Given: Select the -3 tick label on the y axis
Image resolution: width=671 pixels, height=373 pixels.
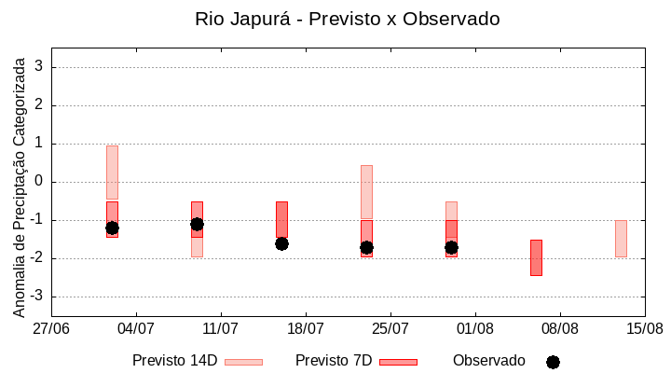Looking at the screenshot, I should click(x=36, y=297).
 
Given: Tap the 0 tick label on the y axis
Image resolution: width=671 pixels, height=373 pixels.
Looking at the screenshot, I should click(x=39, y=182).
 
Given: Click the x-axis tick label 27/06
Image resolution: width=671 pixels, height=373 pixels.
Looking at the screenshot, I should click(x=51, y=329).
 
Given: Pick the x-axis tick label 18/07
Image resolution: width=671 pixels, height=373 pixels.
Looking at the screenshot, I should click(x=306, y=329).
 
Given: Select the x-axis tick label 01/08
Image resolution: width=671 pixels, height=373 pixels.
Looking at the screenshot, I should click(x=475, y=329).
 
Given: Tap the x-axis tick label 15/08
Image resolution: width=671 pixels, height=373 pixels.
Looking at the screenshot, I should click(x=644, y=329).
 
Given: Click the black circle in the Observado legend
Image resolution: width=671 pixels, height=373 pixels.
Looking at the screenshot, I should click(x=553, y=362).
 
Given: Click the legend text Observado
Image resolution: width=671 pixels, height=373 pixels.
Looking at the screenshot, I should click(x=488, y=360).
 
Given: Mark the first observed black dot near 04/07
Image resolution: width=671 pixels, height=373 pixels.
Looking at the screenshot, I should click(x=112, y=228).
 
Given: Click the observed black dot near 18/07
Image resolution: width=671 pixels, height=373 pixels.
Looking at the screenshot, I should click(x=281, y=243).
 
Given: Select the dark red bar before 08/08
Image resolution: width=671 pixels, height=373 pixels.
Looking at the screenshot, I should click(x=536, y=257).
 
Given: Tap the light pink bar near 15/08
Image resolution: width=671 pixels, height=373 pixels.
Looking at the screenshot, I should click(x=621, y=238).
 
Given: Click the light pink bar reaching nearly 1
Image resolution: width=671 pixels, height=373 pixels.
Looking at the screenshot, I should click(x=112, y=173).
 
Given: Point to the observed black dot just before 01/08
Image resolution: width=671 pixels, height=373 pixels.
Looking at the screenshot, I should click(x=451, y=247).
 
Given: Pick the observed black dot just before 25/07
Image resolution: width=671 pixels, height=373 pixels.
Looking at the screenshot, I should click(x=366, y=247).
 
